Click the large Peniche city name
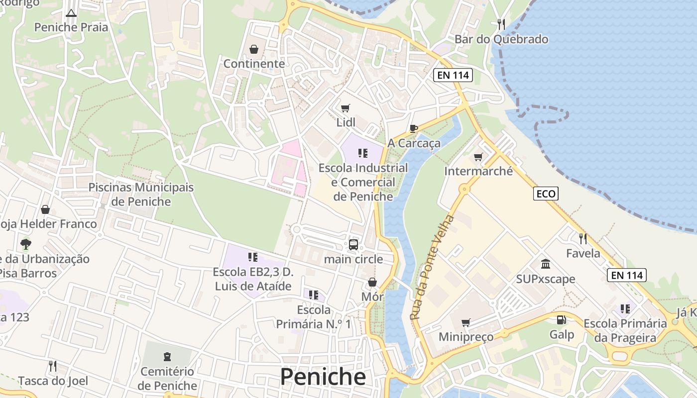click(x=323, y=377)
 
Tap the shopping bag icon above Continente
click(x=254, y=49)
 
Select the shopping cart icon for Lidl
click(x=346, y=108)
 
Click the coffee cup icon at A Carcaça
click(x=413, y=129)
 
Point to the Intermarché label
click(x=478, y=171)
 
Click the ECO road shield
click(x=546, y=194)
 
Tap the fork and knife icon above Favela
click(x=583, y=239)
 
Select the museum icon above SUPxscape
click(x=546, y=264)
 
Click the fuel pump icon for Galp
click(x=562, y=320)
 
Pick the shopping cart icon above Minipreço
click(x=465, y=322)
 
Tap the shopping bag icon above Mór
click(x=372, y=283)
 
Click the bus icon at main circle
click(x=353, y=244)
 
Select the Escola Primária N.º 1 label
click(x=314, y=317)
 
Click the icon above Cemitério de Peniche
click(x=167, y=356)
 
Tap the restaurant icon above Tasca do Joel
click(x=53, y=366)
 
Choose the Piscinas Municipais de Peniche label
click(x=141, y=195)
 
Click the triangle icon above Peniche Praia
click(x=71, y=13)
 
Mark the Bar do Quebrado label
click(x=501, y=39)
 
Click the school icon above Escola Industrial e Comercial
click(x=363, y=153)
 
